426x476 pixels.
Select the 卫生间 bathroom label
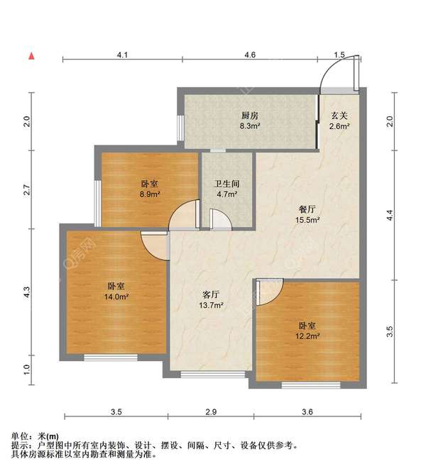pos(226,184)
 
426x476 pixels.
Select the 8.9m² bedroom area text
pos(149,194)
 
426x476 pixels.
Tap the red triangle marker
pos(31,55)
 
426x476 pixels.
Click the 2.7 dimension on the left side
pos(26,189)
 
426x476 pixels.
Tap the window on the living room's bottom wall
pos(210,374)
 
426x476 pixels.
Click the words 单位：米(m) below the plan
pos(36,436)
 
